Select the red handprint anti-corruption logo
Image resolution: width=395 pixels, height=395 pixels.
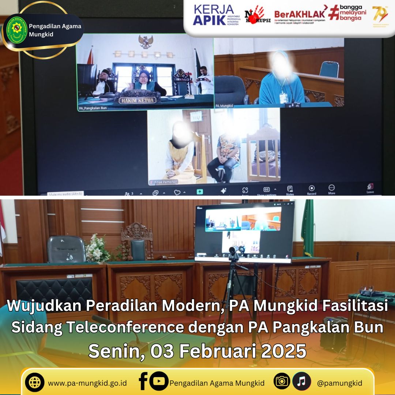coord(257,15)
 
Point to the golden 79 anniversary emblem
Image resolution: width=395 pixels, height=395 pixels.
coord(380,14)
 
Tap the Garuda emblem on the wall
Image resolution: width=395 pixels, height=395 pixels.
coord(146,42)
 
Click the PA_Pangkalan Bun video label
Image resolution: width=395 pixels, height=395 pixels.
coord(93,108)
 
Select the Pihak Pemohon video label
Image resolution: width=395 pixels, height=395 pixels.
coord(163,182)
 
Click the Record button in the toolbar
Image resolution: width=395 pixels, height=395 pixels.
coord(312,190)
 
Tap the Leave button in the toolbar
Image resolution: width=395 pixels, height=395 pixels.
coord(370,188)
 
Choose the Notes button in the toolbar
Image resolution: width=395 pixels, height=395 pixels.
coord(290,190)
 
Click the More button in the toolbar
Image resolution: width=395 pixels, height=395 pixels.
coord(331,189)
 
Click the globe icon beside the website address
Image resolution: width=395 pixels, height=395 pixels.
coord(35,383)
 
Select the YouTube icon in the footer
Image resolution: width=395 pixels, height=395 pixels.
coord(159,381)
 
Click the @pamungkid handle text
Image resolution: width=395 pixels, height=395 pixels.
coord(339,383)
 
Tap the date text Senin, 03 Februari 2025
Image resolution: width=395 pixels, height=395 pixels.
coord(197,351)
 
